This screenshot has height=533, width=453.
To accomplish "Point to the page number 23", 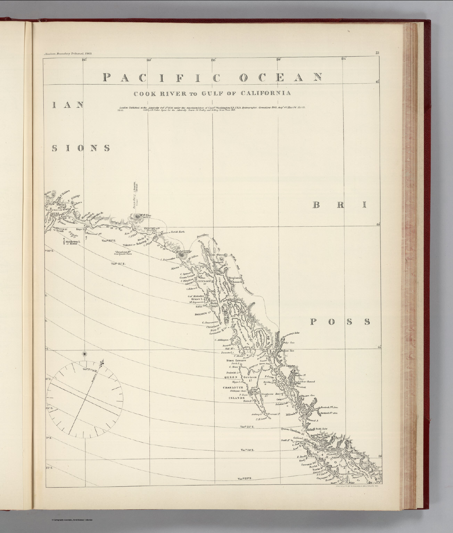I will (x=377, y=53).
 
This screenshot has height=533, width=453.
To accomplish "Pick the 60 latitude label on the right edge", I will (x=378, y=225).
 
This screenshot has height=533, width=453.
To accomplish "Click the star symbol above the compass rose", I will (x=84, y=354).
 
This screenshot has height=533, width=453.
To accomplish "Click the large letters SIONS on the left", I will (x=81, y=149).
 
